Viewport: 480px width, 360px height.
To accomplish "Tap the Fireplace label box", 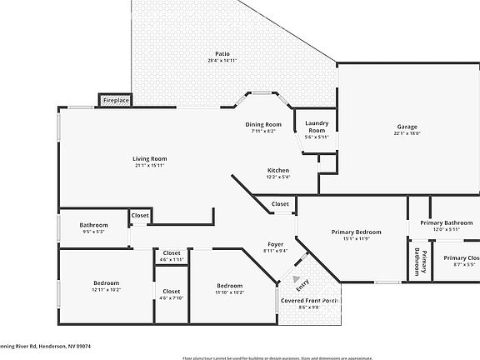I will point(116,100).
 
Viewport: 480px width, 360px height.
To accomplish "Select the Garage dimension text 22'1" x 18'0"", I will point(407,133).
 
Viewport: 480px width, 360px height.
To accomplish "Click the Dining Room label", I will point(263,124).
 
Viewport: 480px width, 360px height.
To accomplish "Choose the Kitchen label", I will point(278,170).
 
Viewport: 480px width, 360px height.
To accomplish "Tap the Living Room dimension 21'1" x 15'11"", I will point(150,165).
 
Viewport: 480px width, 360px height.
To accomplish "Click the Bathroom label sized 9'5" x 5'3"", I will point(93,225).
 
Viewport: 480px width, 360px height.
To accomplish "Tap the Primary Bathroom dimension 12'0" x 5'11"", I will point(447,229).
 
